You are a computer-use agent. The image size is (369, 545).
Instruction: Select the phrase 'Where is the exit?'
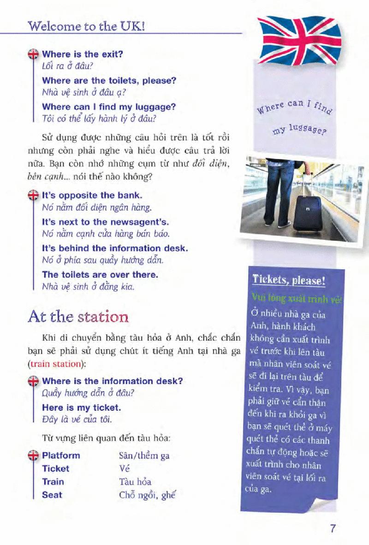(82, 54)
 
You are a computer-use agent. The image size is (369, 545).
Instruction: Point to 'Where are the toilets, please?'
(109, 81)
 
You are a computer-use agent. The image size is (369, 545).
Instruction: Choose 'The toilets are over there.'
(100, 274)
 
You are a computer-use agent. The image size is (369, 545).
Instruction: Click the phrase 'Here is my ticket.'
(82, 408)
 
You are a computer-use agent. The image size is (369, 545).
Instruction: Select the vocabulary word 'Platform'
(61, 456)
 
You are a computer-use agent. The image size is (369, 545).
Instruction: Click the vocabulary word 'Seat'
(52, 495)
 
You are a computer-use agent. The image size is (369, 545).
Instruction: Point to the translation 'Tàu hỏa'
(135, 482)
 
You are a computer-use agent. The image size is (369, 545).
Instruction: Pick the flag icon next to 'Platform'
(33, 456)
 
